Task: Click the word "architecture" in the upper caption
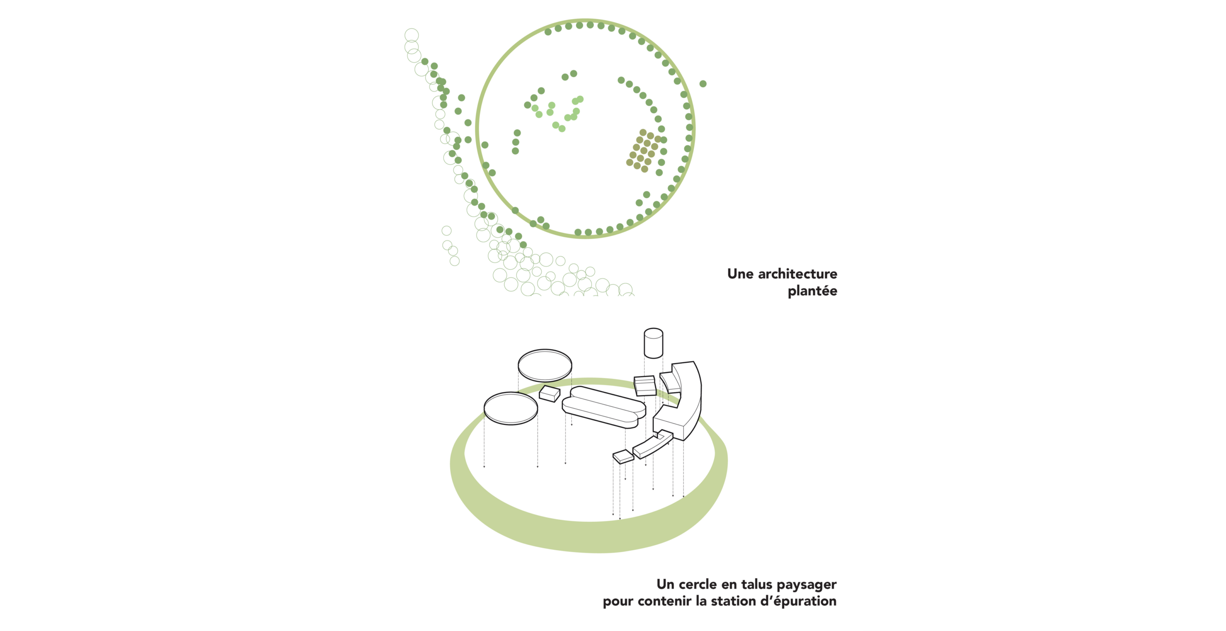point(797,274)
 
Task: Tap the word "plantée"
point(812,291)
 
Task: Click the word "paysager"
point(806,585)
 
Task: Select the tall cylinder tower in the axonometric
point(653,343)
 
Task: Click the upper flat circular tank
point(545,366)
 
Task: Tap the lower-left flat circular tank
point(511,408)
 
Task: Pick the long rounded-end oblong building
point(604,407)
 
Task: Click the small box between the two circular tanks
point(550,394)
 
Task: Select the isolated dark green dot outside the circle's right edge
point(703,84)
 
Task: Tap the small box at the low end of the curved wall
point(624,457)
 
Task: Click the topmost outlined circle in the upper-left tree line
point(411,35)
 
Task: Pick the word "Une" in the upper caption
point(740,274)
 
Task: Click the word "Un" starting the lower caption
point(665,584)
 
